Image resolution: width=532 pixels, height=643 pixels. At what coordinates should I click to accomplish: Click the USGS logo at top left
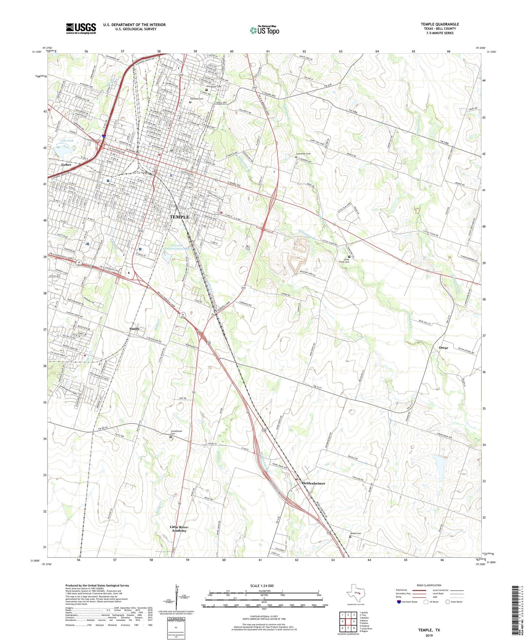pyautogui.click(x=81, y=28)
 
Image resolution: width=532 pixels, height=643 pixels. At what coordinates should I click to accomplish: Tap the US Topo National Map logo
pyautogui.click(x=264, y=30)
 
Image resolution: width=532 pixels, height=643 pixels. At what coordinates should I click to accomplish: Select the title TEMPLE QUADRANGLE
pyautogui.click(x=440, y=24)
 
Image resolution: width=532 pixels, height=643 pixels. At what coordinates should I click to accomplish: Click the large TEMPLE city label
pyautogui.click(x=179, y=217)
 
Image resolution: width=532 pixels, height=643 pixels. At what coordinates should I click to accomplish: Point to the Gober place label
pyautogui.click(x=66, y=165)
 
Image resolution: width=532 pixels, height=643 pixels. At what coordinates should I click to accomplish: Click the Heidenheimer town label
pyautogui.click(x=314, y=483)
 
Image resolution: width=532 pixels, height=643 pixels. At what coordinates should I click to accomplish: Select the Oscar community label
pyautogui.click(x=443, y=348)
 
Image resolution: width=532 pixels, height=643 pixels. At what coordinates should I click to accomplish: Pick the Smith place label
pyautogui.click(x=134, y=328)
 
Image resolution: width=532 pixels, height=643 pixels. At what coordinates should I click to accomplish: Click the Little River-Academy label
pyautogui.click(x=179, y=528)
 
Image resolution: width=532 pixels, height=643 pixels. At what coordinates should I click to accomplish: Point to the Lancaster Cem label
pyautogui.click(x=303, y=154)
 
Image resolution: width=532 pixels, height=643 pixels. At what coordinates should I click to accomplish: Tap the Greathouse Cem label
pyautogui.click(x=176, y=432)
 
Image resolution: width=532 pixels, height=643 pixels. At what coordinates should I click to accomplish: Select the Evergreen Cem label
pyautogui.click(x=214, y=87)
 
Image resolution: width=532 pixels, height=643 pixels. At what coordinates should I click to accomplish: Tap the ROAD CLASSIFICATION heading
pyautogui.click(x=429, y=585)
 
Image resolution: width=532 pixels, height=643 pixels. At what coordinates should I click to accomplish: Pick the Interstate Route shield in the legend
pyautogui.click(x=399, y=602)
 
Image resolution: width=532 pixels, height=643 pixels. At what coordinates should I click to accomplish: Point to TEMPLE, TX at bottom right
pyautogui.click(x=429, y=630)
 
